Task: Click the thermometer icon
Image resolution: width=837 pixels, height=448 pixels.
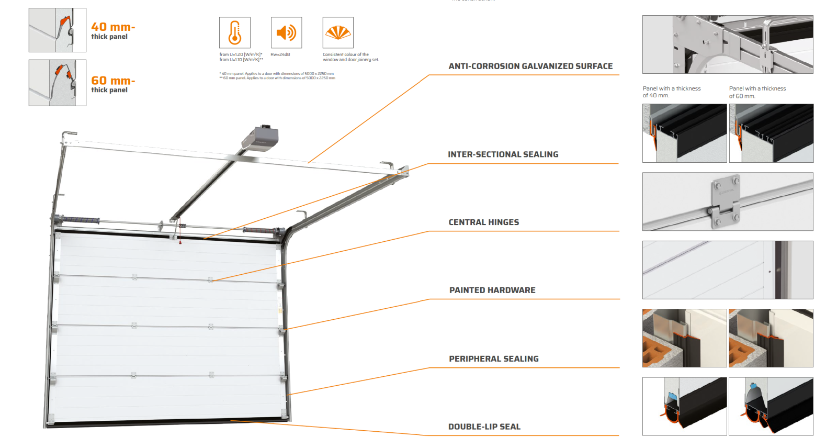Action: (235, 32)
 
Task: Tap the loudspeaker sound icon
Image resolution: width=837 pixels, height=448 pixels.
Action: (286, 32)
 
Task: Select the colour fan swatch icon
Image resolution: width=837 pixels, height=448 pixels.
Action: (338, 32)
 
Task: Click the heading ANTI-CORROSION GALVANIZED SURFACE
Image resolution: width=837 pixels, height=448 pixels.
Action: (530, 66)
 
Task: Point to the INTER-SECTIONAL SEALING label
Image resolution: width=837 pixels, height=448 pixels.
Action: (503, 154)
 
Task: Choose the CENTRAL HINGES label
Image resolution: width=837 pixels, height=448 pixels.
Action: (484, 222)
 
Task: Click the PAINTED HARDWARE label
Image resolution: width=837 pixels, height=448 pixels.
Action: (492, 290)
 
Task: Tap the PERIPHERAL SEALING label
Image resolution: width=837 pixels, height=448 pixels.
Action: (493, 359)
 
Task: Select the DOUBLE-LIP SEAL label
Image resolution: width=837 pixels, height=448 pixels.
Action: (484, 427)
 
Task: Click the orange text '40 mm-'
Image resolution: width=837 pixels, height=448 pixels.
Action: (113, 27)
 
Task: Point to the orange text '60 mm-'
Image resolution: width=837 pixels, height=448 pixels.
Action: (113, 81)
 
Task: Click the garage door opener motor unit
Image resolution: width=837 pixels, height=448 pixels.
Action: (260, 139)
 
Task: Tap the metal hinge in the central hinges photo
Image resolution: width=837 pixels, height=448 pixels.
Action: (726, 201)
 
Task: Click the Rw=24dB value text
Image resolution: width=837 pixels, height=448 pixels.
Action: (280, 54)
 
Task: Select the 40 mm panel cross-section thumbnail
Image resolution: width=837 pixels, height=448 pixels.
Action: (58, 30)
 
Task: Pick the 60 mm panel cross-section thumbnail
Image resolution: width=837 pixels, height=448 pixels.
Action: (58, 83)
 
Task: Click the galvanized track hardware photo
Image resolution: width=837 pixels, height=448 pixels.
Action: (728, 44)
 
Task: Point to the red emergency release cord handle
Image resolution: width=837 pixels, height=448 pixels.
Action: (180, 242)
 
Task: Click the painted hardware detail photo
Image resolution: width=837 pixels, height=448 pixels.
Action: (728, 270)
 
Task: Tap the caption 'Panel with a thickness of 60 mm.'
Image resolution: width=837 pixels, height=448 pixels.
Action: (757, 92)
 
